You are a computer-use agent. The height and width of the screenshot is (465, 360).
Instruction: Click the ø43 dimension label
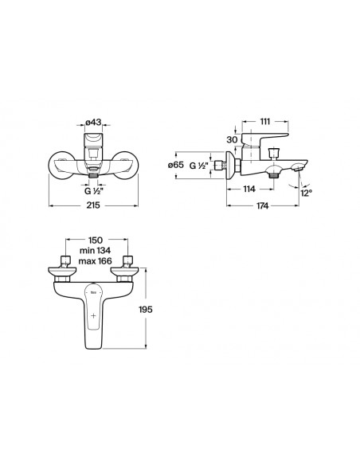(93, 122)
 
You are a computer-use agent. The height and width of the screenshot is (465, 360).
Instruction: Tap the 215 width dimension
(93, 205)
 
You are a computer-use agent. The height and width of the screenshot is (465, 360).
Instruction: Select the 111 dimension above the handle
(265, 121)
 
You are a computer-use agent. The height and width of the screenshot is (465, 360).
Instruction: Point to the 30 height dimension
(233, 139)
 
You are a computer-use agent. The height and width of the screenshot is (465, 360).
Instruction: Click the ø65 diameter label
(176, 165)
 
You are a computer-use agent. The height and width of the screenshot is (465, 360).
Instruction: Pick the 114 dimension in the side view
(249, 189)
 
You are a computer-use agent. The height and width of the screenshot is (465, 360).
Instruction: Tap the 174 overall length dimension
(263, 205)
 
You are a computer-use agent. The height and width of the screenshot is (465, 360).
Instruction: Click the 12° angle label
(307, 193)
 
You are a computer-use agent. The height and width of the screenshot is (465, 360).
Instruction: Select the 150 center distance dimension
(96, 240)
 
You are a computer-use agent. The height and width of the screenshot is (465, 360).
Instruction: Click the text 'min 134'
(96, 251)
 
